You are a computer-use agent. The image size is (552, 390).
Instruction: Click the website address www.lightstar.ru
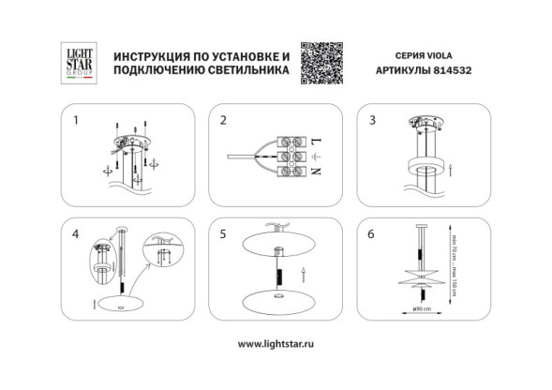(x=276, y=343)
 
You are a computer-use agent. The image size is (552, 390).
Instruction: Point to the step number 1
(x=76, y=121)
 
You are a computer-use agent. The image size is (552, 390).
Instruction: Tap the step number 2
(x=223, y=121)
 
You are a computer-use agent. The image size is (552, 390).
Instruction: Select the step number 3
(x=372, y=121)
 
